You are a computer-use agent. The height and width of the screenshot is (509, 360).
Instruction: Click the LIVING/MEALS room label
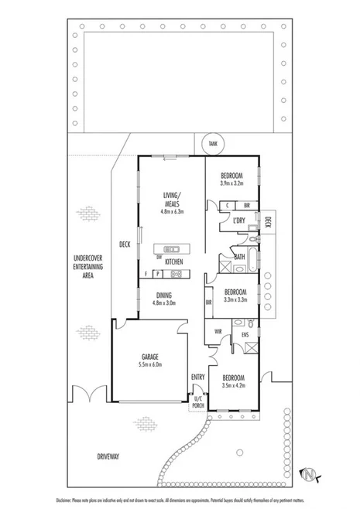[172, 199]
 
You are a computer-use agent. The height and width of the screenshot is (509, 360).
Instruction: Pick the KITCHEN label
[173, 263]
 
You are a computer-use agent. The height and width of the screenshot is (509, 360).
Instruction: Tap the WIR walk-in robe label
[218, 333]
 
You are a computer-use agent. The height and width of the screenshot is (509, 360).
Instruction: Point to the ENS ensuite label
[245, 334]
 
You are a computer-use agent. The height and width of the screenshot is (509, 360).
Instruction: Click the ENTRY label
[197, 377]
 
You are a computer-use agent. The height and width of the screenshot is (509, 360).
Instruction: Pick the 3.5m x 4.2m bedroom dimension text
[234, 385]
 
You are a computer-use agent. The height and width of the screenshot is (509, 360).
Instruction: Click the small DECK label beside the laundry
[268, 223]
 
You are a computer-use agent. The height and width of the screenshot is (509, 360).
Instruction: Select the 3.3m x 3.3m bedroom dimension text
[235, 300]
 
